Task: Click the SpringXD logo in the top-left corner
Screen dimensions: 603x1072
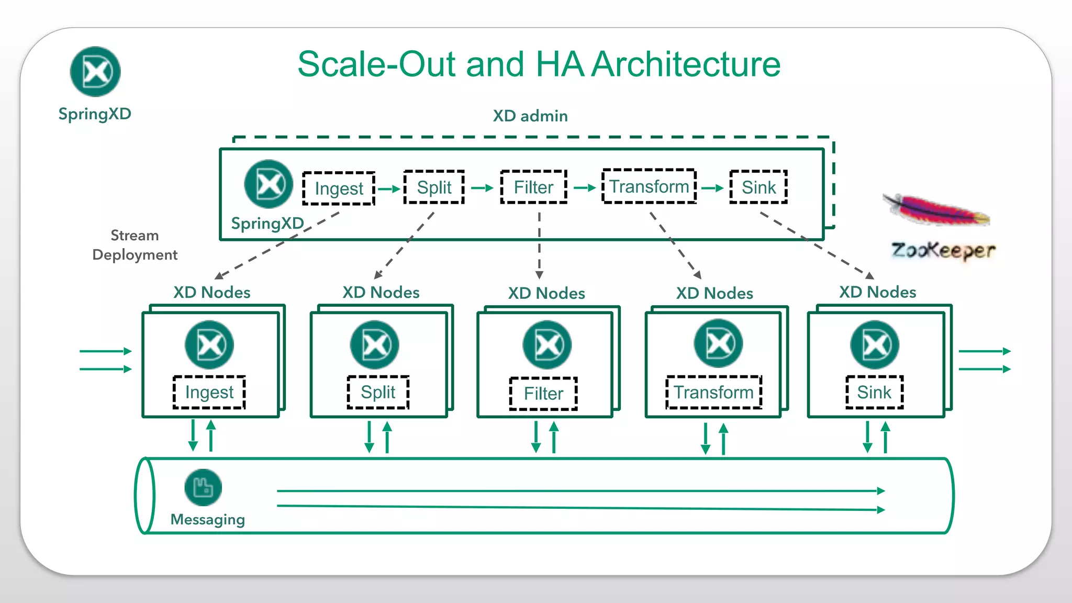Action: click(x=95, y=72)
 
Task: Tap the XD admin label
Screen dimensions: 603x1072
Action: click(x=530, y=116)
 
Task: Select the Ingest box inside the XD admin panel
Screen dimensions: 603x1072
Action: click(x=339, y=188)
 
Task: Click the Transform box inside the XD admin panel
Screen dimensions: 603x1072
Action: click(x=649, y=186)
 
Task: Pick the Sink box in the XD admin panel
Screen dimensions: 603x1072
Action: click(x=758, y=187)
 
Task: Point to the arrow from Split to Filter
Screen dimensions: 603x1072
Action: click(x=482, y=188)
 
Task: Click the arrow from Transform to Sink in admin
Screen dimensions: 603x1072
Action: click(x=712, y=188)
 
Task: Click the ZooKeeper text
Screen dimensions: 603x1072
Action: click(x=943, y=251)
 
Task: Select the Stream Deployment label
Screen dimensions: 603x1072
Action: click(x=135, y=245)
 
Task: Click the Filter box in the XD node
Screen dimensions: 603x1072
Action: click(x=543, y=394)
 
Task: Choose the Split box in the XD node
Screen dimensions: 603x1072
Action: click(x=378, y=392)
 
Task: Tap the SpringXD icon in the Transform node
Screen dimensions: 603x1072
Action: click(x=718, y=343)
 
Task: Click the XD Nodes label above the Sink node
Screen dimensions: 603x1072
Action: click(x=877, y=292)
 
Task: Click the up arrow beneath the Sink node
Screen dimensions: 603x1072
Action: click(x=886, y=438)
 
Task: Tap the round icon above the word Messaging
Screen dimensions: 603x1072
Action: click(x=203, y=487)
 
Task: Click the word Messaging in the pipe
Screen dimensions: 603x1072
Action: click(x=208, y=519)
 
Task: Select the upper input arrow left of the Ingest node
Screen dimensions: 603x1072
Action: click(x=105, y=351)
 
